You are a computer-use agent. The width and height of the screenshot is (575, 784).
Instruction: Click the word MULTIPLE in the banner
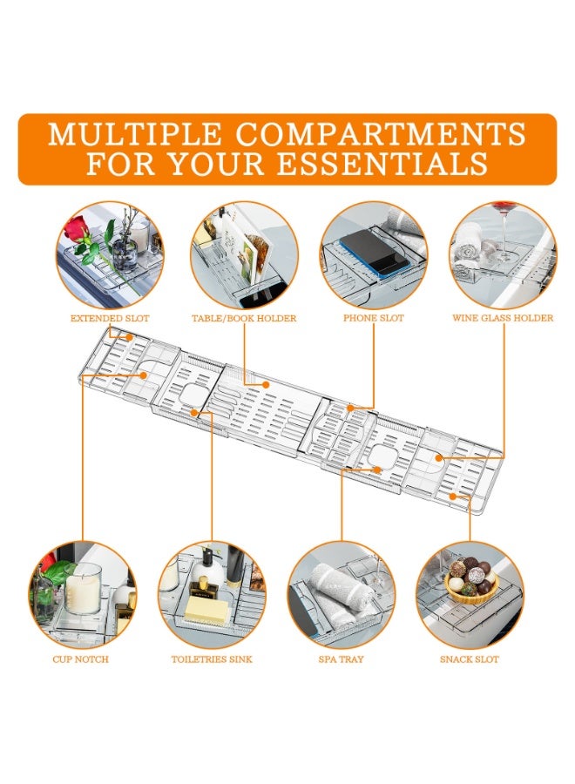(134, 134)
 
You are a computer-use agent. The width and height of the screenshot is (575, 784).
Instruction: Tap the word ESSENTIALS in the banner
(382, 164)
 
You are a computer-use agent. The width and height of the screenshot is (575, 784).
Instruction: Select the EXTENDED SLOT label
(110, 318)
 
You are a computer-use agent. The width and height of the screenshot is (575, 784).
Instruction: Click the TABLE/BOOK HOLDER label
(244, 318)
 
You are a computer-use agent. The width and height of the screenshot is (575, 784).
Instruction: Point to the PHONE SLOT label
(374, 318)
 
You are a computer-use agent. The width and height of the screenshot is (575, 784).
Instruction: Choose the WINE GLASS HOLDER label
(503, 318)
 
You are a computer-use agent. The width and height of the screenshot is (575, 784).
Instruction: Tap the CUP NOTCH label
(80, 659)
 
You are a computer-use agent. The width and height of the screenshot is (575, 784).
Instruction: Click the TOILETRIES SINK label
(212, 659)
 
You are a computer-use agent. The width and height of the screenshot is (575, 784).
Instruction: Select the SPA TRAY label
(341, 659)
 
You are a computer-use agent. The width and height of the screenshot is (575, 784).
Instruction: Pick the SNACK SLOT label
(470, 659)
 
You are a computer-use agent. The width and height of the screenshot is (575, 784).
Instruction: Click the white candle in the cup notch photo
(82, 591)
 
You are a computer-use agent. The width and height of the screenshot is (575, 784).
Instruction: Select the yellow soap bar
(204, 610)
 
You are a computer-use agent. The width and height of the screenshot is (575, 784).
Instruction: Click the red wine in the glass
(504, 206)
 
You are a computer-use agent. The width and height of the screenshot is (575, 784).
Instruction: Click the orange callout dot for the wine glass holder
(438, 457)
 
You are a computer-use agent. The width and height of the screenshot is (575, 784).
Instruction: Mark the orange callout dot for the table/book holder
(266, 384)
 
